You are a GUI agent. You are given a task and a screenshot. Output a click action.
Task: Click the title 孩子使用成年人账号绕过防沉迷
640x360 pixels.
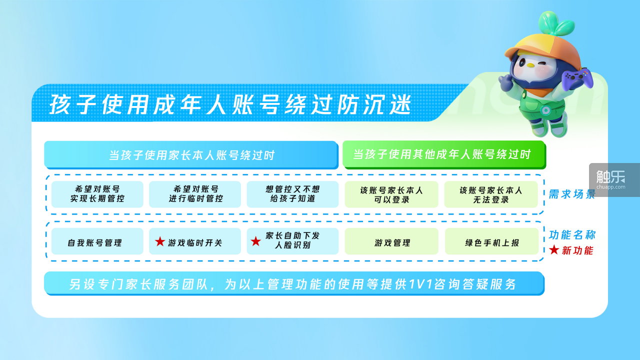tap(230, 104)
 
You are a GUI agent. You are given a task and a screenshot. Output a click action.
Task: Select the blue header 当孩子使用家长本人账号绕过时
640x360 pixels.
tap(191, 155)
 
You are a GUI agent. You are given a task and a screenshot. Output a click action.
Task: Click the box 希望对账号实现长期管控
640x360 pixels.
tap(97, 194)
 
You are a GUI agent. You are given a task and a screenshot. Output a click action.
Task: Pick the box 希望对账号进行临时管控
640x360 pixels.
tap(195, 194)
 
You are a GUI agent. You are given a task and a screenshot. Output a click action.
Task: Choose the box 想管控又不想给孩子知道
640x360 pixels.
tap(292, 194)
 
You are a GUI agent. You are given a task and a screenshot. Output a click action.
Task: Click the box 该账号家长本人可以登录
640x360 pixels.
tap(391, 194)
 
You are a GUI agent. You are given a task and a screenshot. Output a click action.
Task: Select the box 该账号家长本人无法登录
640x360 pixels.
tap(491, 194)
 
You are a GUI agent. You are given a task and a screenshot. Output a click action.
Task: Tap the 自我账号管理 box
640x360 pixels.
tap(97, 241)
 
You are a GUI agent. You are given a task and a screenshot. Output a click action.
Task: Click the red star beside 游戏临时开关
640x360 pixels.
tap(160, 241)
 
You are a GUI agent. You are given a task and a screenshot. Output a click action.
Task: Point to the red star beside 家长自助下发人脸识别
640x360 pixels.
tap(255, 241)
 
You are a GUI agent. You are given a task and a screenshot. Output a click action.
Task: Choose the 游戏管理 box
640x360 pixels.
tap(391, 241)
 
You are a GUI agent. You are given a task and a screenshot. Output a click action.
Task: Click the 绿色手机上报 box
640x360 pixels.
tap(491, 241)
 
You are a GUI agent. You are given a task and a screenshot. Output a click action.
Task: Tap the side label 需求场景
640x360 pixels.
tap(572, 194)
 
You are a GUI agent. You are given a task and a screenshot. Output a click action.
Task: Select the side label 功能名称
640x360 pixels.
tap(572, 235)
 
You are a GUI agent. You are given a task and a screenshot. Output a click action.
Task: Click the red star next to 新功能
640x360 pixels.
tap(554, 249)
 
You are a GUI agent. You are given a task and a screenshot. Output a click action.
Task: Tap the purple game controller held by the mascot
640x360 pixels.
tap(577, 79)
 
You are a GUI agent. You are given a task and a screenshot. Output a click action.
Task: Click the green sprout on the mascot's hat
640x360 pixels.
tap(555, 23)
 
